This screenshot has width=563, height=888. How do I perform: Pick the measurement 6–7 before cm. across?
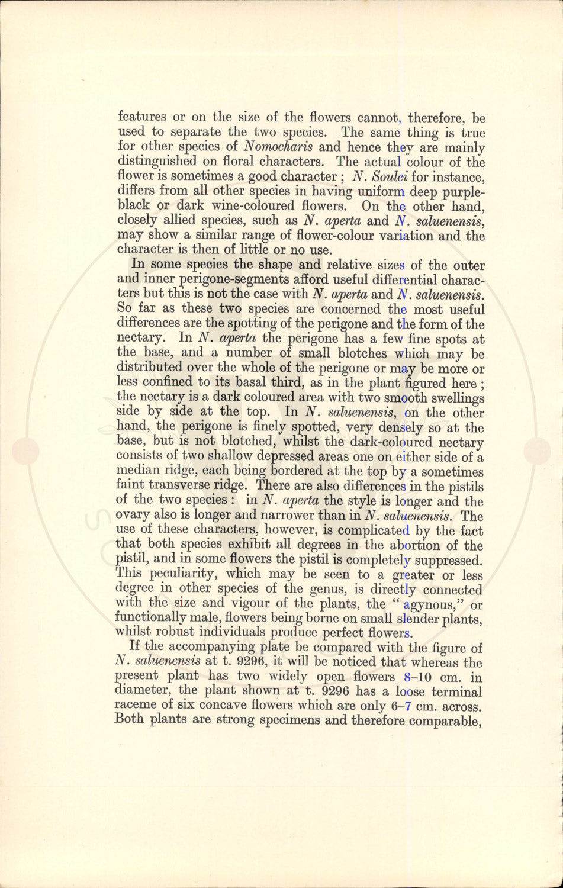pos(404,706)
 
